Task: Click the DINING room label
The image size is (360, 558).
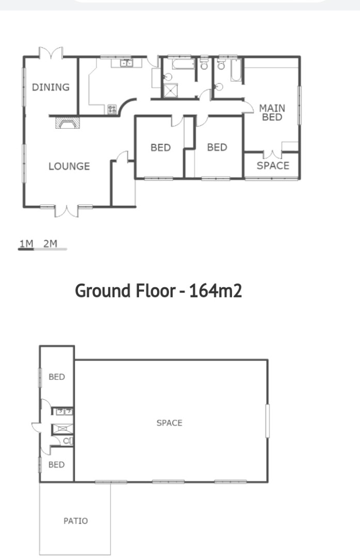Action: (51, 87)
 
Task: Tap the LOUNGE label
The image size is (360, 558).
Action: (69, 166)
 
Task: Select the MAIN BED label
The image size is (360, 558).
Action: (272, 113)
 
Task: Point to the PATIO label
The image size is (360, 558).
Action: (75, 521)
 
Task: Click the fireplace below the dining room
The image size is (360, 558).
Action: (67, 123)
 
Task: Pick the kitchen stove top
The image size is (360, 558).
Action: (112, 109)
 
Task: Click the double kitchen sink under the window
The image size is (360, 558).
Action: (127, 64)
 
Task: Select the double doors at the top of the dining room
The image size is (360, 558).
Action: (51, 53)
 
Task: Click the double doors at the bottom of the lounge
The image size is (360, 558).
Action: (67, 211)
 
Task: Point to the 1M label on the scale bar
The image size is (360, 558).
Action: (26, 243)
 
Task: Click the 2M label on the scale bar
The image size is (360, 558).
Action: (50, 243)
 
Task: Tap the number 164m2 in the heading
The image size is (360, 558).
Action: (215, 291)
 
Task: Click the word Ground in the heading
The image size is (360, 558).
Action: (102, 291)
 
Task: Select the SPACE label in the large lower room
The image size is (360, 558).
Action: (169, 423)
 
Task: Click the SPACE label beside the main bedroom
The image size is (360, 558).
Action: (273, 165)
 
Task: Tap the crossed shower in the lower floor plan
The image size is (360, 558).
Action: (63, 429)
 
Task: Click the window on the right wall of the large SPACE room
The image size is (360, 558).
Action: (268, 421)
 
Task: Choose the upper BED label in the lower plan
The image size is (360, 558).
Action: (57, 377)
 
